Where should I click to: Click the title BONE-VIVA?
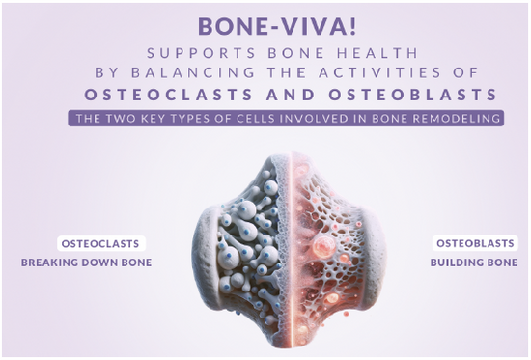(277, 26)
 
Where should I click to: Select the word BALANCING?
(193, 72)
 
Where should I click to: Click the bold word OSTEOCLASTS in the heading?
(169, 95)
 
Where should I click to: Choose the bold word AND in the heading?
(291, 95)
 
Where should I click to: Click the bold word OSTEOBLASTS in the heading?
(413, 95)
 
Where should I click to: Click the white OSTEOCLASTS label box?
(101, 243)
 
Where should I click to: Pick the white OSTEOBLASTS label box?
(475, 243)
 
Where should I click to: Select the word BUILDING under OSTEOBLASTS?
(459, 263)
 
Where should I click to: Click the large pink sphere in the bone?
(323, 246)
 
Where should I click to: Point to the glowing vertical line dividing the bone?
(291, 248)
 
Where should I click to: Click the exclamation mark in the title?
(353, 26)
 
